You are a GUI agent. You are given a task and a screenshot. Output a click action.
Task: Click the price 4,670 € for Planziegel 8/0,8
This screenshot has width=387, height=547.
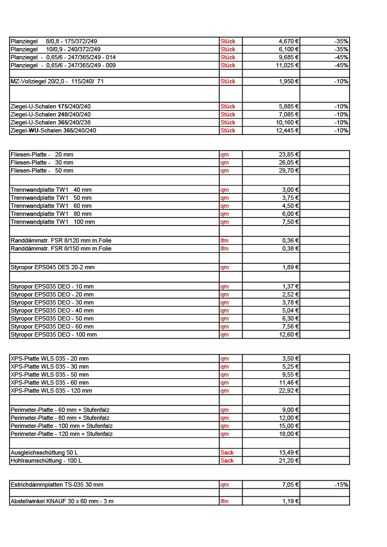pos(289,41)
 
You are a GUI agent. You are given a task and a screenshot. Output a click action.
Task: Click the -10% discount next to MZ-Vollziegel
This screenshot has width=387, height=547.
pos(341,81)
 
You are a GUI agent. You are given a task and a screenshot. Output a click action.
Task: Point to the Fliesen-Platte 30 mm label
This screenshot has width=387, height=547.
pos(42,162)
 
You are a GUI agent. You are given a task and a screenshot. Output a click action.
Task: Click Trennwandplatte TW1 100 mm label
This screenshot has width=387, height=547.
pos(53,222)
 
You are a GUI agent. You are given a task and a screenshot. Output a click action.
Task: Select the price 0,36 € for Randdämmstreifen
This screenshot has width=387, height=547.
pos(290,240)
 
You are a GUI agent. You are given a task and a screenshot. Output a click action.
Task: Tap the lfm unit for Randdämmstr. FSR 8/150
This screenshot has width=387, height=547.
pos(225,248)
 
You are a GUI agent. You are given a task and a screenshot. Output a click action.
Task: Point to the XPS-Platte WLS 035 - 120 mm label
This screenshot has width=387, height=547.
pos(51,390)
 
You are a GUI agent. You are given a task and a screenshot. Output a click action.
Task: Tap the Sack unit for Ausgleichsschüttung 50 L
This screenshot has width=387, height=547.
pos(227,452)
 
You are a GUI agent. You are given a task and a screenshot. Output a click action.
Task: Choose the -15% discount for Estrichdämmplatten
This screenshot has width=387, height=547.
pos(341,485)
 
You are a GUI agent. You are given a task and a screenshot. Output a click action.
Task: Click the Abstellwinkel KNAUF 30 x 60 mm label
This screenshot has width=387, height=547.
pos(62,501)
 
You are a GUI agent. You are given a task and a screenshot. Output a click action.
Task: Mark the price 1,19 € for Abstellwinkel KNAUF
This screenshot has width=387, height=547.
pos(290,501)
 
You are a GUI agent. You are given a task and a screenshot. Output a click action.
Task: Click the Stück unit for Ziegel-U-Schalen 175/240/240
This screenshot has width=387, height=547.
pos(228,106)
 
